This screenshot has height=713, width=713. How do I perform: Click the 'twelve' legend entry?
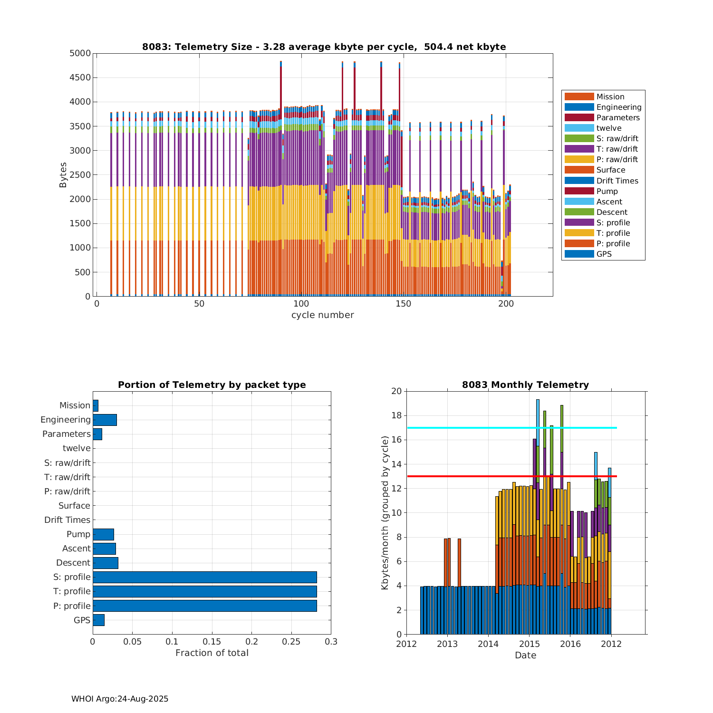click(x=608, y=128)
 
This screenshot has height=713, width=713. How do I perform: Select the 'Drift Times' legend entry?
click(x=617, y=181)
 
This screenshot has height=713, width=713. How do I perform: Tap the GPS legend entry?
click(x=604, y=254)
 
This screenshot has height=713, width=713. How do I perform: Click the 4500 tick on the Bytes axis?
click(x=80, y=77)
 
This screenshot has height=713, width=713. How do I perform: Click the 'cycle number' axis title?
click(x=322, y=315)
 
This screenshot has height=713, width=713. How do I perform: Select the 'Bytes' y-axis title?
click(x=63, y=175)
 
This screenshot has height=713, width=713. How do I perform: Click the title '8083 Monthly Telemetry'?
click(x=525, y=385)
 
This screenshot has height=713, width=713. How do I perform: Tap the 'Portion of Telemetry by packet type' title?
click(x=212, y=385)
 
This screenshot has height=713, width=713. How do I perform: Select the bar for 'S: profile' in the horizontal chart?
click(x=204, y=577)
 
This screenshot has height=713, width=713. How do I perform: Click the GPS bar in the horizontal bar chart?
click(x=98, y=620)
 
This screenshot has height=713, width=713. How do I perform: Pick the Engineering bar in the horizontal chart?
click(x=105, y=420)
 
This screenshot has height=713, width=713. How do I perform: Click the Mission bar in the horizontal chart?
click(x=96, y=405)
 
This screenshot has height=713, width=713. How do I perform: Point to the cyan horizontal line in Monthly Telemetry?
click(x=475, y=428)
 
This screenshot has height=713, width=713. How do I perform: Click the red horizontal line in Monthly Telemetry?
click(x=475, y=476)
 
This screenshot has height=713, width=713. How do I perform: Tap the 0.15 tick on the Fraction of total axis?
click(x=212, y=642)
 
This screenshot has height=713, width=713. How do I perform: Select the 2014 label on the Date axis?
click(x=488, y=644)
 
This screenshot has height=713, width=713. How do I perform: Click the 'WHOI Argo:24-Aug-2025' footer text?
click(x=120, y=699)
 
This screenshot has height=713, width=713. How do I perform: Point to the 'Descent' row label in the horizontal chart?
click(x=73, y=563)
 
